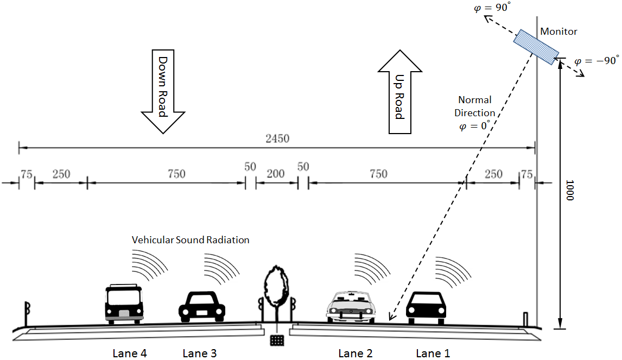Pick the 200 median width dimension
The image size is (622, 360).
(x=276, y=174)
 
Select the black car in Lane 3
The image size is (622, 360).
(x=202, y=305)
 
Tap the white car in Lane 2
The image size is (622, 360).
(x=350, y=307)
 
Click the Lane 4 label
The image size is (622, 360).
(x=130, y=353)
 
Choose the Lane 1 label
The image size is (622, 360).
(x=433, y=353)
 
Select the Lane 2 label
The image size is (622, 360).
(x=355, y=353)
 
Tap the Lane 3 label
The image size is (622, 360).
(x=200, y=353)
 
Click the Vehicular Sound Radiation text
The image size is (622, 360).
(x=191, y=239)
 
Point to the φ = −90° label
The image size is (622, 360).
(x=596, y=61)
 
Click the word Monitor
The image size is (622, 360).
(x=558, y=31)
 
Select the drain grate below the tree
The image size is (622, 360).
(x=277, y=340)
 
